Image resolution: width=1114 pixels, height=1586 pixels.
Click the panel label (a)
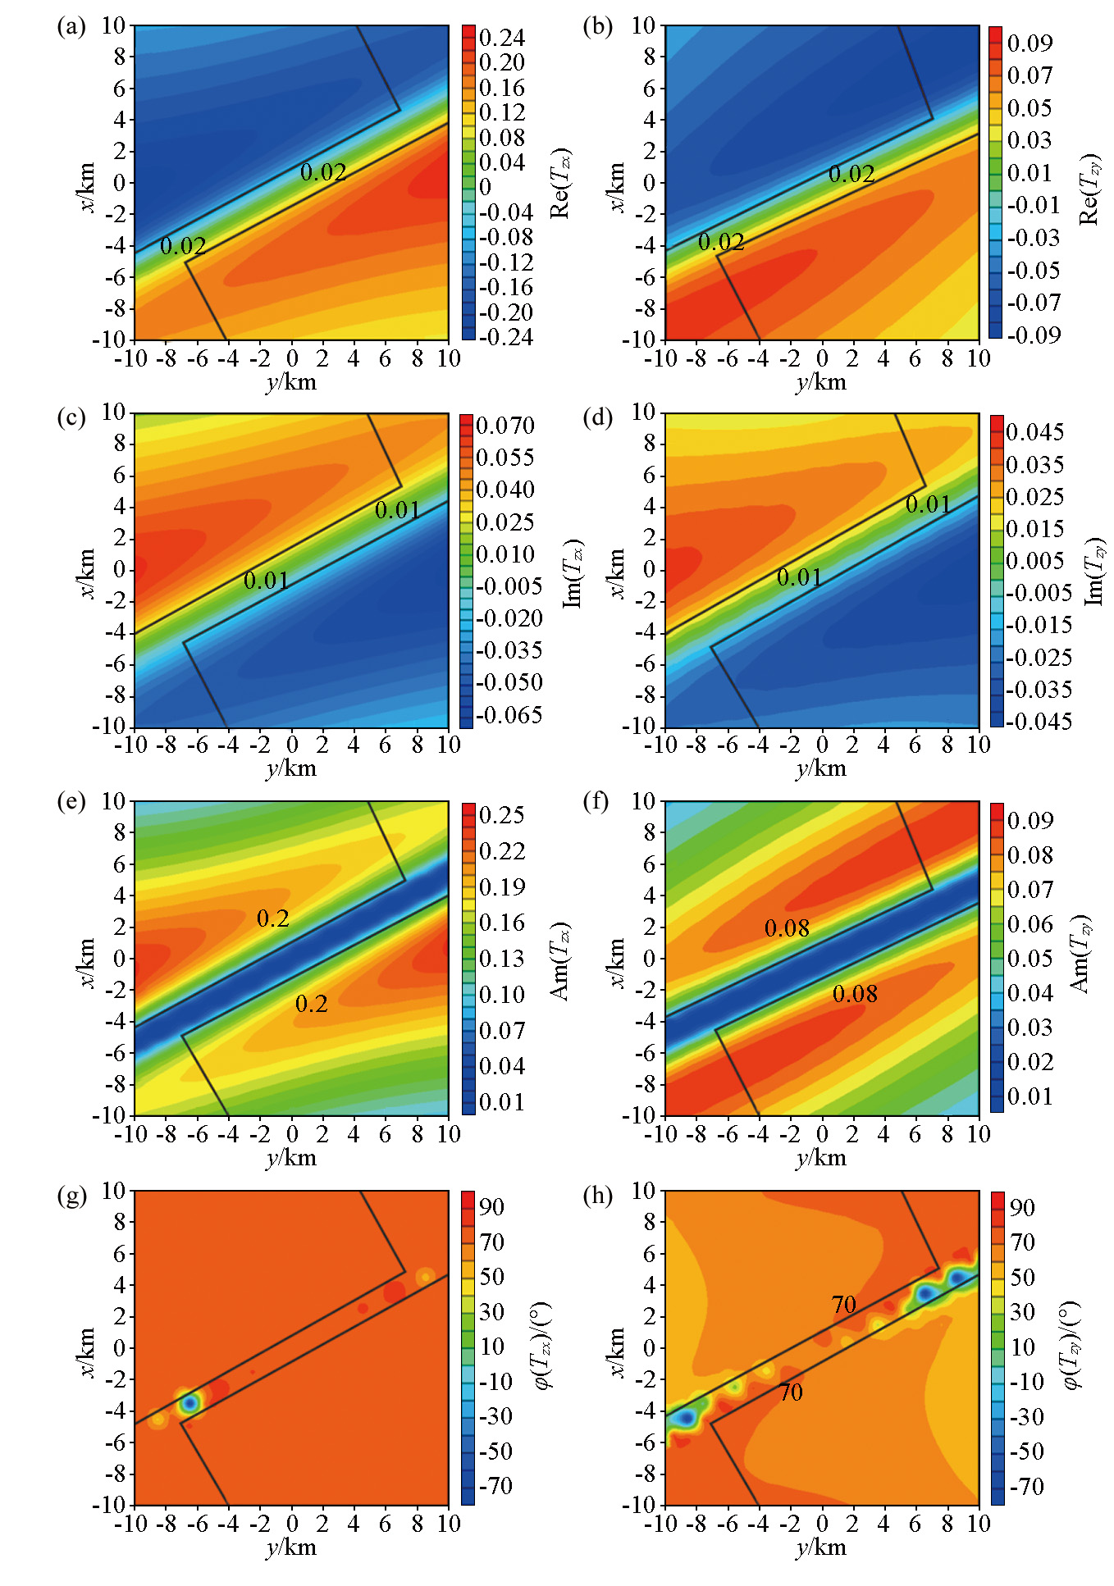71,27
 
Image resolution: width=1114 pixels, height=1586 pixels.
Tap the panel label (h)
598,1195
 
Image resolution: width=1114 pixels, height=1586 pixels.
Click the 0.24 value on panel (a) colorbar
501,38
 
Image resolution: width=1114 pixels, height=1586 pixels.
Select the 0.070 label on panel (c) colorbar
504,426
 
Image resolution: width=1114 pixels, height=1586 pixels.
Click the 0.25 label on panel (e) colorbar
501,815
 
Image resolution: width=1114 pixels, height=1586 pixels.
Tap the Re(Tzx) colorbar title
560,183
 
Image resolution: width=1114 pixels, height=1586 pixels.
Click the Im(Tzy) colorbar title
1095,572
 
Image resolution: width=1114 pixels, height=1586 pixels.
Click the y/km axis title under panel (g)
290,1547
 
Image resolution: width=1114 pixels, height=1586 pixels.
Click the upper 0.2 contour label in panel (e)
273,918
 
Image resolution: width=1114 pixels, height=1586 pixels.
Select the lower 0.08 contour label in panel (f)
855,994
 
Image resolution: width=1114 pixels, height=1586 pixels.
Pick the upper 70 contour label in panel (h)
843,1304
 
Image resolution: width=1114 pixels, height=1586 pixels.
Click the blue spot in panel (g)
190,1403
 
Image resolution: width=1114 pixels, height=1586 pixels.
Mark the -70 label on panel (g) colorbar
495,1485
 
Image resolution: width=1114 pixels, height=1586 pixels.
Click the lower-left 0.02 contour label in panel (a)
183,246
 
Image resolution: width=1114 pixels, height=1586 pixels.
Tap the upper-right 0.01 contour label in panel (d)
928,504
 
